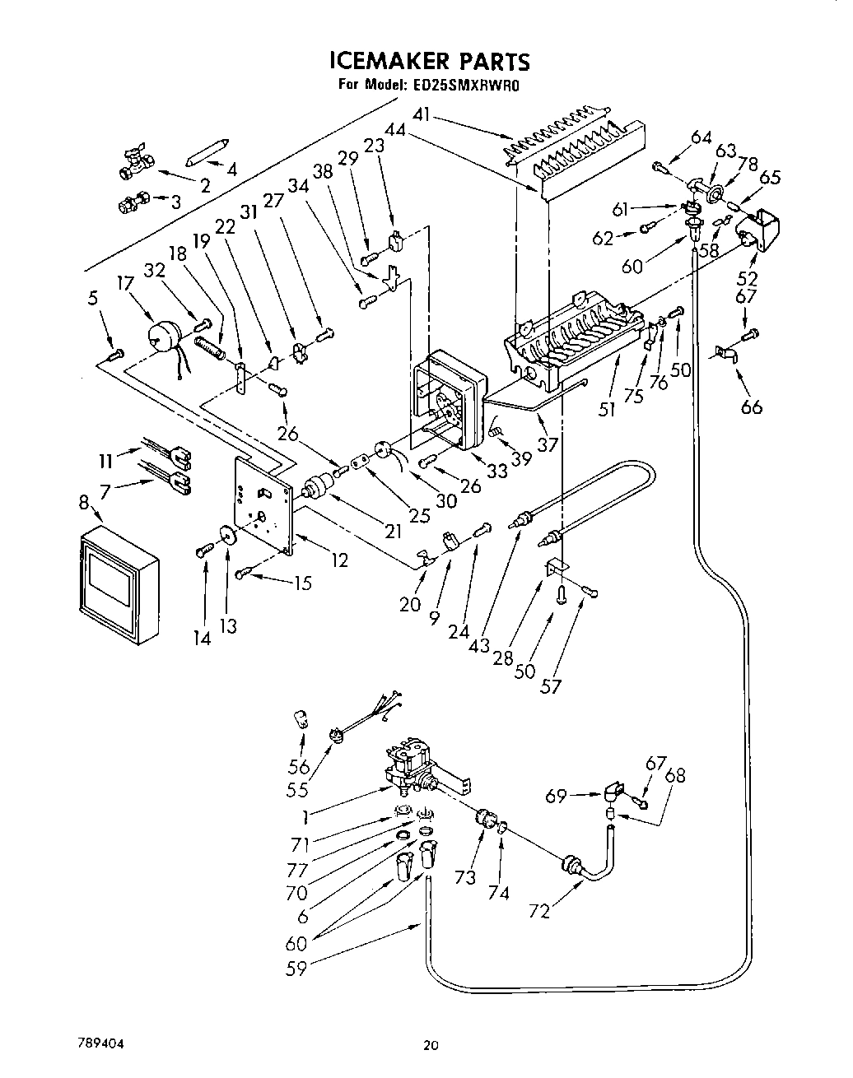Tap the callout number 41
point(422,116)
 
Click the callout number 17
point(126,284)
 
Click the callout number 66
point(751,407)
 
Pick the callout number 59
point(296,968)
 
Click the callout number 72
point(538,912)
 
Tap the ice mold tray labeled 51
point(576,337)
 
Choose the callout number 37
point(548,444)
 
